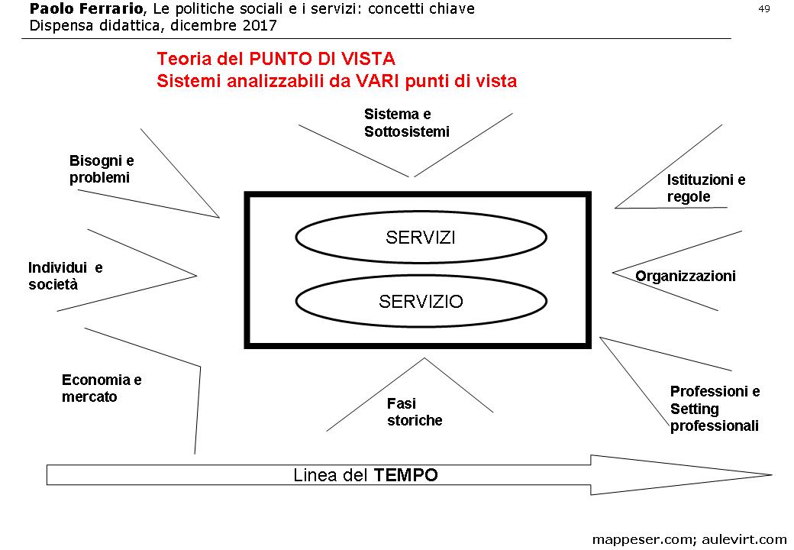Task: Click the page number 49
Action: [763, 8]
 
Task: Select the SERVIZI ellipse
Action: [421, 238]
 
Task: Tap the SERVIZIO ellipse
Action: [421, 302]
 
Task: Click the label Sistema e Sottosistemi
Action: [406, 123]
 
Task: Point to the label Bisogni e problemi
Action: [102, 170]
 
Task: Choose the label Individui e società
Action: [65, 277]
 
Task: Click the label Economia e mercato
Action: [102, 388]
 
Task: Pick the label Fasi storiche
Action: [414, 412]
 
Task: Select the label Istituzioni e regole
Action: [705, 189]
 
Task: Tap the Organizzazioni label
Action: [686, 277]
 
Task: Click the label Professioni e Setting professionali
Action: [715, 409]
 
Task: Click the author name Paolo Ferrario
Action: [84, 9]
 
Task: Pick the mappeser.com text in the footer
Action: [642, 539]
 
